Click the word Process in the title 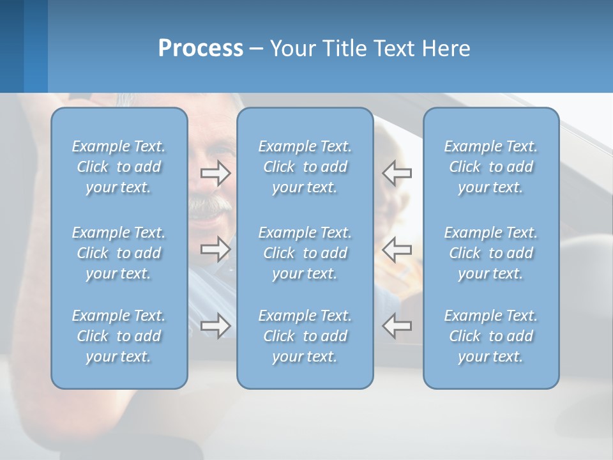pos(201,49)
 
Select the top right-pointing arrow pos(215,173)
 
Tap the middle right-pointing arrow pos(215,249)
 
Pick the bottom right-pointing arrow pos(215,326)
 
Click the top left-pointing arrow pos(397,173)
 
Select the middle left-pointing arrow pos(397,249)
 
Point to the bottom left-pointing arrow pos(397,326)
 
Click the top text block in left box pos(119,167)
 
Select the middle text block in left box pos(119,253)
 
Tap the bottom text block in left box pos(119,336)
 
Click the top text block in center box pos(305,167)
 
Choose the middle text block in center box pos(305,253)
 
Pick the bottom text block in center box pos(305,336)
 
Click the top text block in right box pos(491,167)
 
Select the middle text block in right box pos(491,253)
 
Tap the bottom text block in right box pos(491,336)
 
